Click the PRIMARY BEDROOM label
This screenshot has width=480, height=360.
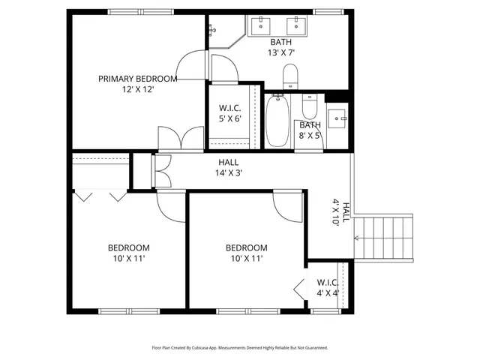pos(138,78)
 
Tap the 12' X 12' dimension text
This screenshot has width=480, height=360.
pos(138,89)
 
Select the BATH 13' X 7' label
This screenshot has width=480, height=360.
pos(281,47)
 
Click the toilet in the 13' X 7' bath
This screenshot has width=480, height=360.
pos(290,76)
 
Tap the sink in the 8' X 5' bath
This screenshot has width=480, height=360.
pos(337,118)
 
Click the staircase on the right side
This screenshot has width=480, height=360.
pos(383,236)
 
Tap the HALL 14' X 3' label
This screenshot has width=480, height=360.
pos(229,167)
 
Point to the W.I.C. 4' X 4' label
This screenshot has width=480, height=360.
pos(328,288)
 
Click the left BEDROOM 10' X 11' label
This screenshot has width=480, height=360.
pos(128,253)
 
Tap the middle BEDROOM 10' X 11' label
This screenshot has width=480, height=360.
pos(246,253)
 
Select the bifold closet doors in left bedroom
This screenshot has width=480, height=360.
pos(99,196)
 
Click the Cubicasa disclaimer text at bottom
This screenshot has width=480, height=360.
pos(239,348)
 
